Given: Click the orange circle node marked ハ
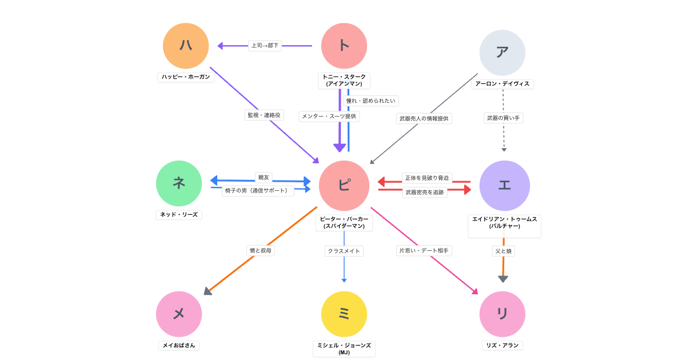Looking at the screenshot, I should tap(186, 46).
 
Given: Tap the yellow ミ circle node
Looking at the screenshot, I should tap(344, 314).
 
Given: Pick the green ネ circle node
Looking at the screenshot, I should tap(179, 183).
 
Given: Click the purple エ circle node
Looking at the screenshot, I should tap(504, 186).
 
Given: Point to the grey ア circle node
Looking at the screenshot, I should tap(502, 53).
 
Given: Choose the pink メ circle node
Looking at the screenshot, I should tap(179, 314).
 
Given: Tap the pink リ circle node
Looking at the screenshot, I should tap(502, 314).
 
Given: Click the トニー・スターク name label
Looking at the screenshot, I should tap(344, 80).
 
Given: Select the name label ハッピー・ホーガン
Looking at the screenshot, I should tap(186, 77).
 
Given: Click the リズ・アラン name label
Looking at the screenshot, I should tap(502, 346).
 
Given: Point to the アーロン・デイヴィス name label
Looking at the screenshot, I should tap(502, 84).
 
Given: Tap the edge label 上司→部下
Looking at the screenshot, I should tap(265, 46).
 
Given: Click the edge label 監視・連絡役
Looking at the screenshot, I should tap(264, 115).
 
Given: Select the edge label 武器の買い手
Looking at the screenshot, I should tap(504, 118).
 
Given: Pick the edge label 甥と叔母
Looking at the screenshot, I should tap(261, 250).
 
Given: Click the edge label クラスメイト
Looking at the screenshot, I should tap(344, 251).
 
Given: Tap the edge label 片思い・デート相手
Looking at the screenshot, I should tap(424, 250).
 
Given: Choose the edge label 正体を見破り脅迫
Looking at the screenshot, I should tap(427, 178).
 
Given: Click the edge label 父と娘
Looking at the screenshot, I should tap(504, 251).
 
